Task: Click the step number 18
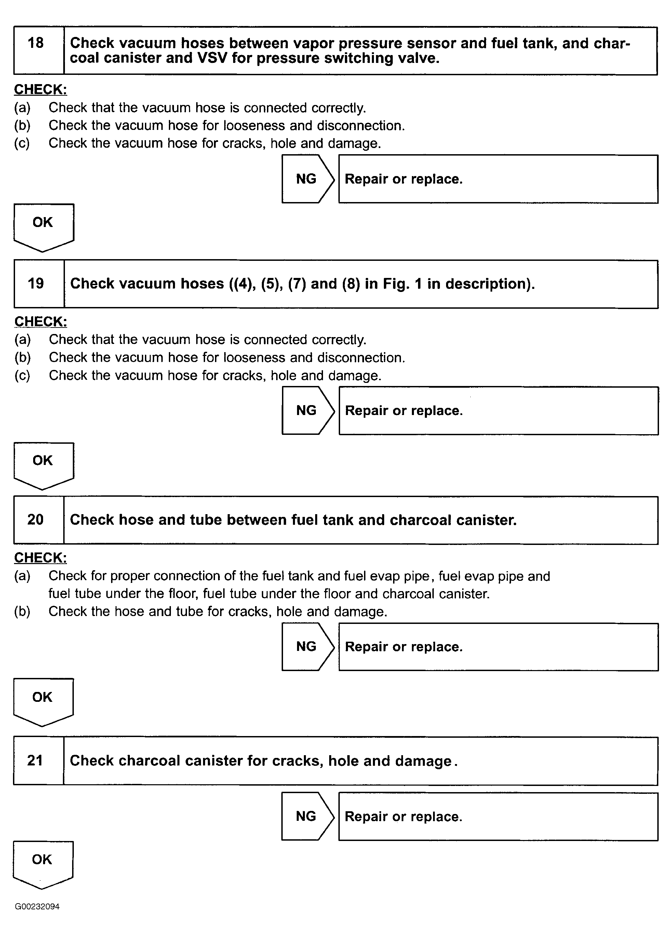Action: click(36, 43)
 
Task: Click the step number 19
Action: click(36, 284)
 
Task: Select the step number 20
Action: click(36, 519)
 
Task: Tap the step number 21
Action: click(35, 760)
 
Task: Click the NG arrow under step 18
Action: click(307, 179)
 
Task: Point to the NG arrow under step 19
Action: click(307, 411)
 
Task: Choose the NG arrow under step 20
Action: click(307, 646)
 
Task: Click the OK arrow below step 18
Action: click(43, 225)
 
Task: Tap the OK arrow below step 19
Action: click(43, 463)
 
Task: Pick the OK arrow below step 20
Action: click(43, 699)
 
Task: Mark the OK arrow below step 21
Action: click(42, 861)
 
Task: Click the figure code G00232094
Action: click(37, 907)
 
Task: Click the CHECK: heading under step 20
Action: click(40, 558)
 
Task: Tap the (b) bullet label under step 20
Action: click(22, 611)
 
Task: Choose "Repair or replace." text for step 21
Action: click(403, 817)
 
